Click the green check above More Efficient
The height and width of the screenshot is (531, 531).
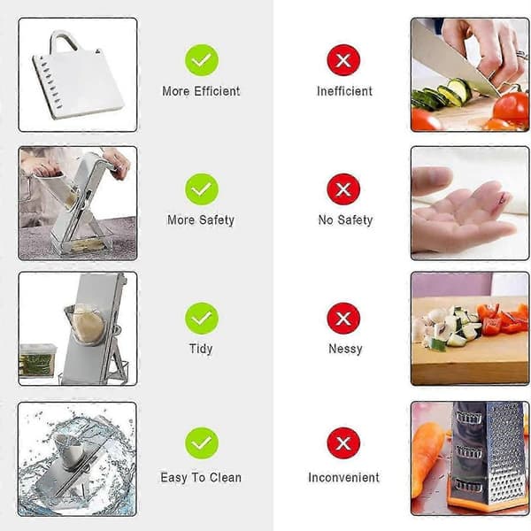pyautogui.click(x=202, y=60)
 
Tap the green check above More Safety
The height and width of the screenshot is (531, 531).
pyautogui.click(x=202, y=189)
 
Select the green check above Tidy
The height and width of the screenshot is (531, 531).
pyautogui.click(x=202, y=318)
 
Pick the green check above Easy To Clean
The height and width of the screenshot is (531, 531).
pyautogui.click(x=202, y=443)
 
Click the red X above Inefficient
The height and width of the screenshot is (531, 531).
pyautogui.click(x=343, y=60)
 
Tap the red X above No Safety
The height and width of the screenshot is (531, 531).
pyautogui.click(x=343, y=189)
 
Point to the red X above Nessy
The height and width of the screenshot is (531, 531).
pyautogui.click(x=343, y=318)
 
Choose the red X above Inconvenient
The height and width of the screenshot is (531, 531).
pyautogui.click(x=343, y=443)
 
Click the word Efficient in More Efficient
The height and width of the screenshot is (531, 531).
pyautogui.click(x=217, y=91)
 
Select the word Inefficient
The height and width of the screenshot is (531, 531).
pyautogui.click(x=344, y=91)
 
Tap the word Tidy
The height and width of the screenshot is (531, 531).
pyautogui.click(x=201, y=349)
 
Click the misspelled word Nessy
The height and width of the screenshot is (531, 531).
pyautogui.click(x=345, y=349)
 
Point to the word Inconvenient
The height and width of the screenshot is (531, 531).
pyautogui.click(x=343, y=478)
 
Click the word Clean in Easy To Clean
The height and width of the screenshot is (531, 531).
pyautogui.click(x=226, y=478)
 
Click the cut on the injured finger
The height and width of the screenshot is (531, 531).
pyautogui.click(x=504, y=197)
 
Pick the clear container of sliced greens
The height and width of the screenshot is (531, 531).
pyautogui.click(x=37, y=361)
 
